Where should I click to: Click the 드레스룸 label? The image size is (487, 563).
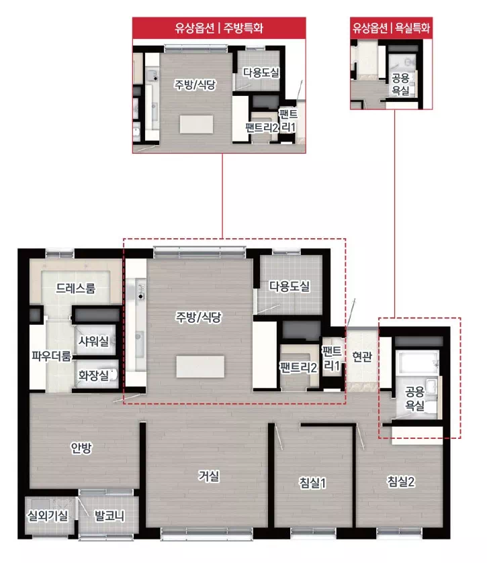[76, 288]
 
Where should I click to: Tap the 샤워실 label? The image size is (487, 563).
[93, 341]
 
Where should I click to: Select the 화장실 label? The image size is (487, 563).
[93, 376]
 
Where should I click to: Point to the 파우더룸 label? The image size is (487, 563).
[52, 356]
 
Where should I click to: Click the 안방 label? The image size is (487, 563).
[81, 448]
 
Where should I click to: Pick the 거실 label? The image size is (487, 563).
[209, 476]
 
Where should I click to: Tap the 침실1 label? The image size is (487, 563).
[312, 482]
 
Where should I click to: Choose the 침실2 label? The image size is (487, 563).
[401, 482]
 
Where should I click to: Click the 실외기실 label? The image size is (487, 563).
[48, 516]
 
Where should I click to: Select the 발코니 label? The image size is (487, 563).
[109, 516]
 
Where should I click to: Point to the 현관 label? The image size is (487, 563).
[362, 356]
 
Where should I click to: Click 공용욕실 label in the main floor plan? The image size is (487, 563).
[414, 398]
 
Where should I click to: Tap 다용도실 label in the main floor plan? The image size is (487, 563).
[290, 286]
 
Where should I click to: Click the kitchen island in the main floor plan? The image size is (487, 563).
[200, 366]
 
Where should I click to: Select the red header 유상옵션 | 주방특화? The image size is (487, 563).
[219, 28]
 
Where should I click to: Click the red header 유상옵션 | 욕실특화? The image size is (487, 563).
[391, 28]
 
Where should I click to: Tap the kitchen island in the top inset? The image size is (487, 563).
[196, 124]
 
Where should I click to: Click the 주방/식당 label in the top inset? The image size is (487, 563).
[195, 85]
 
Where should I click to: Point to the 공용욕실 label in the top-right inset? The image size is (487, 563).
[400, 84]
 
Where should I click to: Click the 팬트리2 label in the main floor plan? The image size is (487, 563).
[298, 367]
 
